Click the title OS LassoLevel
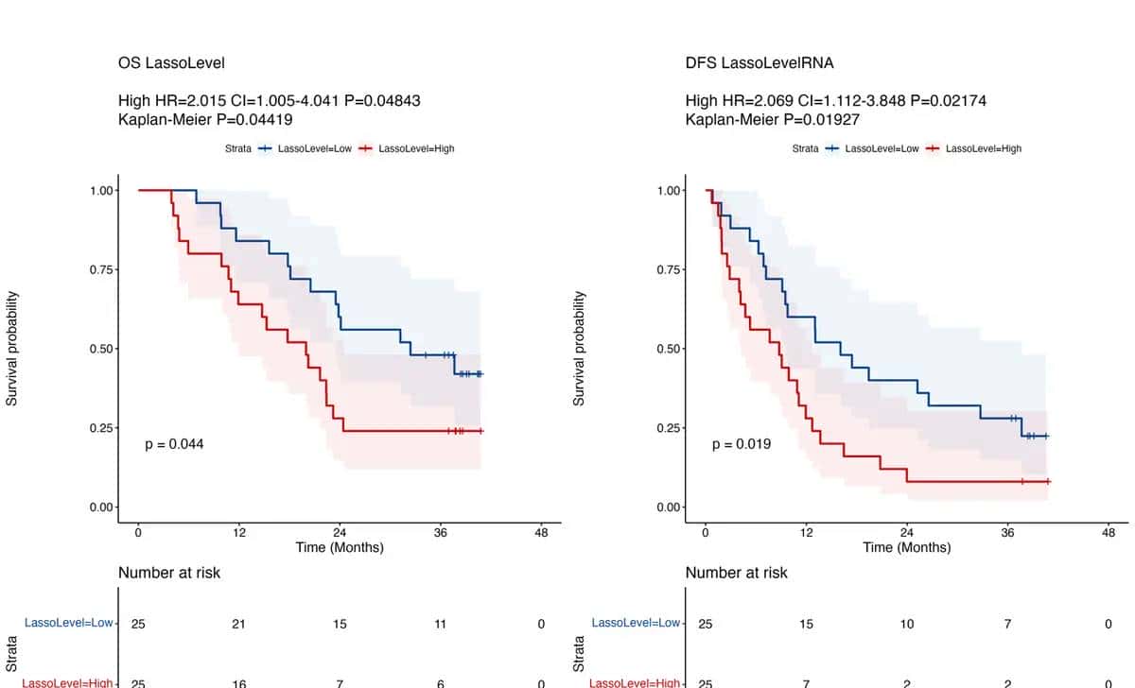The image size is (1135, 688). click(x=171, y=63)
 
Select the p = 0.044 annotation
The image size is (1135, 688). click(x=174, y=444)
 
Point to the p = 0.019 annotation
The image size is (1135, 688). click(x=742, y=444)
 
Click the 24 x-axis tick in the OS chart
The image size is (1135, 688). click(x=340, y=532)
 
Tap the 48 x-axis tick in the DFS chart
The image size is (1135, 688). click(x=1109, y=532)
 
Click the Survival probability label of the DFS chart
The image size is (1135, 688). click(x=580, y=349)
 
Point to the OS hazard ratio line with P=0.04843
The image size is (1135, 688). click(x=270, y=100)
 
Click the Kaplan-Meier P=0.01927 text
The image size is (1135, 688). click(x=773, y=120)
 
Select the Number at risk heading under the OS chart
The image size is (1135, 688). click(x=169, y=573)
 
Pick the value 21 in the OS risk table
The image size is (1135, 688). click(x=239, y=624)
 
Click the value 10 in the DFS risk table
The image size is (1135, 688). click(x=907, y=624)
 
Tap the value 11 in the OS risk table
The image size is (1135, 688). click(x=441, y=624)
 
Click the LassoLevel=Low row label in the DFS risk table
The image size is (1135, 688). click(x=636, y=623)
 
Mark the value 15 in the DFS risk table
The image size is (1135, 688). click(x=806, y=624)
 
